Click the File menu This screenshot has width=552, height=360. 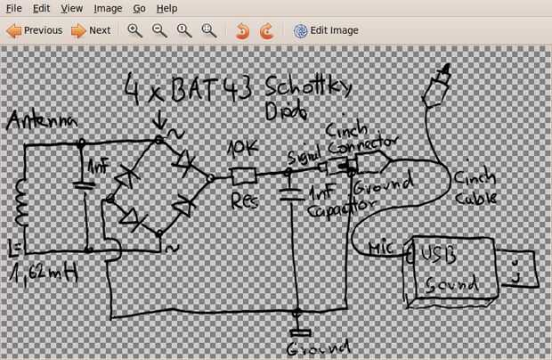pos(13,8)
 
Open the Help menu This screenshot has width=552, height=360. pos(166,8)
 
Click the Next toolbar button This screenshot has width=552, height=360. pos(91,30)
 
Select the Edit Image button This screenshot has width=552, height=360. pos(326,30)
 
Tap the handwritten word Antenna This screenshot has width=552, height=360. pos(44,122)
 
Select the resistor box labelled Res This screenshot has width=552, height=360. pos(244,176)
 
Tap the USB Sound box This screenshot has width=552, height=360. pos(450,270)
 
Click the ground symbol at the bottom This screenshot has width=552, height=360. pos(299,334)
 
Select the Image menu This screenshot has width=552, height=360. pos(108,8)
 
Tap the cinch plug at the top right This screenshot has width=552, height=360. pos(440,84)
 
